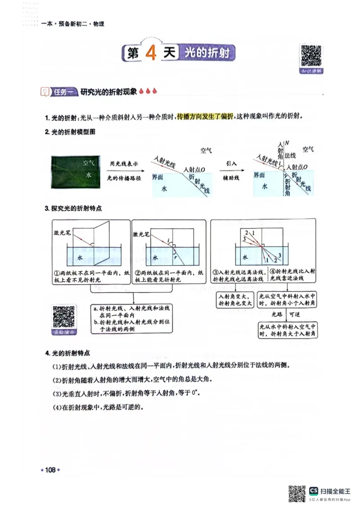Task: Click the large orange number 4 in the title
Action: (151, 54)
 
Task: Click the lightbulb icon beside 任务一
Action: (45, 92)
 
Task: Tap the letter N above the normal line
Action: (287, 143)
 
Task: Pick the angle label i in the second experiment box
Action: (168, 241)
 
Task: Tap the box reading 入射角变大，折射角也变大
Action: (234, 300)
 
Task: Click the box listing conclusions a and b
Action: (131, 319)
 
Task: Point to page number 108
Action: (50, 470)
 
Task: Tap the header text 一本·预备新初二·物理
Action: (73, 24)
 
